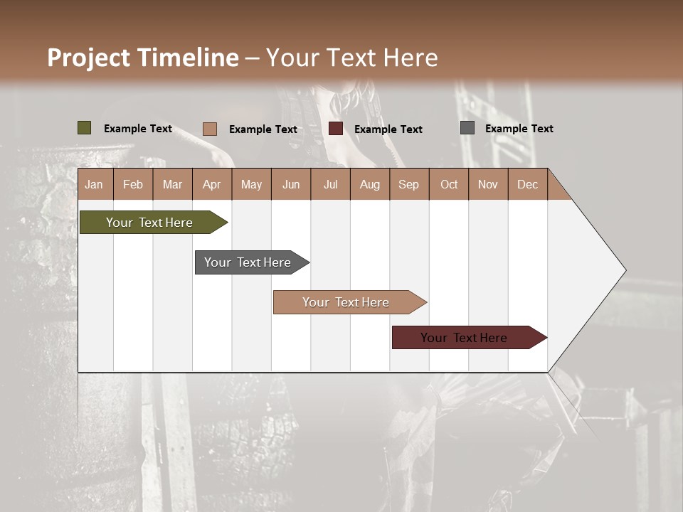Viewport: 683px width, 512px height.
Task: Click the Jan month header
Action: click(x=95, y=184)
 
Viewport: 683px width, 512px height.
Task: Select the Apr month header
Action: click(x=212, y=184)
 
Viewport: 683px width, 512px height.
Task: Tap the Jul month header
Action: click(x=330, y=184)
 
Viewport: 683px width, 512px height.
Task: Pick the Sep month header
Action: click(x=408, y=184)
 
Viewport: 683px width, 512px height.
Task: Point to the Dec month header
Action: click(x=527, y=184)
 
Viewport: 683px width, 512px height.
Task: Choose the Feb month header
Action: click(x=133, y=184)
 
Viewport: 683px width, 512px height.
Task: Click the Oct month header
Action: click(x=449, y=184)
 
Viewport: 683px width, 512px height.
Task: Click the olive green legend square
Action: click(x=85, y=128)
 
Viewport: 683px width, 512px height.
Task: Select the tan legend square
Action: click(x=210, y=129)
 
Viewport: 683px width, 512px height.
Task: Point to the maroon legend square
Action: click(x=336, y=129)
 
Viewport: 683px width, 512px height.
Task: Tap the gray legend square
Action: click(x=467, y=128)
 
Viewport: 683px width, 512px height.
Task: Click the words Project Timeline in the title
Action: click(x=142, y=58)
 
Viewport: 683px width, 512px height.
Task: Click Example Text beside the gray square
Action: click(x=519, y=129)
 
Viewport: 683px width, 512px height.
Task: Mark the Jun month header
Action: click(x=291, y=184)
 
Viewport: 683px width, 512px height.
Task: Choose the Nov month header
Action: click(x=488, y=184)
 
